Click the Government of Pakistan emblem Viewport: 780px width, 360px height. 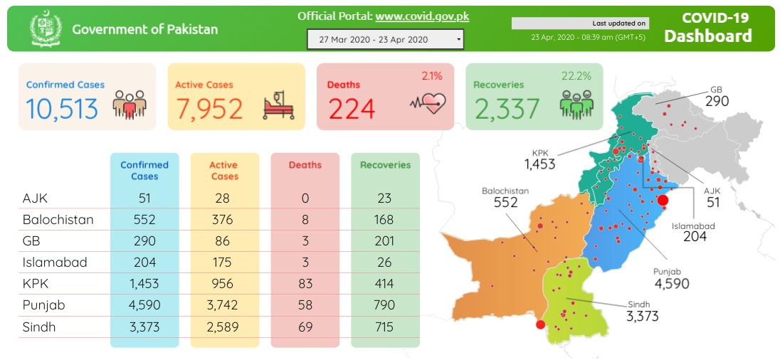[x=46, y=29]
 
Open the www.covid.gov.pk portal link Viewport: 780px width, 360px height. [x=422, y=16]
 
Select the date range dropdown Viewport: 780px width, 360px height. [x=385, y=39]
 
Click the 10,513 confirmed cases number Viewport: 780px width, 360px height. [x=62, y=108]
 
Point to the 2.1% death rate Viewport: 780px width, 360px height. [x=431, y=75]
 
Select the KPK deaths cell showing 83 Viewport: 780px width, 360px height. [x=305, y=283]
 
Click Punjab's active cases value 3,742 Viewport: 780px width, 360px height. [x=223, y=305]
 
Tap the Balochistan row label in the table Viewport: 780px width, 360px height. [x=58, y=219]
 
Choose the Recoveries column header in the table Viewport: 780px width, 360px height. [x=385, y=164]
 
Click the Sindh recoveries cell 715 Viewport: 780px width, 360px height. [x=385, y=327]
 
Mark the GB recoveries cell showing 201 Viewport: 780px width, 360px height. [x=385, y=240]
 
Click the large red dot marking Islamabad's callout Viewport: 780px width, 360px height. [x=663, y=201]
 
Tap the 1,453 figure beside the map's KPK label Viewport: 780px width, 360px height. [x=539, y=165]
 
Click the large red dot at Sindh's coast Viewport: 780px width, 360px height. [x=540, y=324]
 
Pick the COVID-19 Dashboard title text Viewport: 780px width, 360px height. [x=707, y=28]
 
